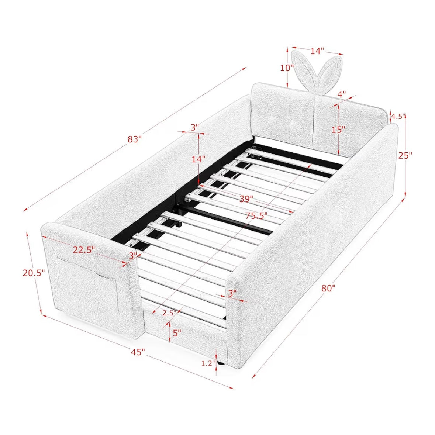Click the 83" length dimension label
click(x=135, y=139)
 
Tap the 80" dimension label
click(x=329, y=288)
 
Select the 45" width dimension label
click(x=138, y=352)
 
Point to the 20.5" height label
click(x=34, y=273)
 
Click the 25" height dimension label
click(x=405, y=155)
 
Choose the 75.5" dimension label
click(x=256, y=215)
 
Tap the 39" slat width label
click(x=246, y=198)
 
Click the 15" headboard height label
click(x=338, y=129)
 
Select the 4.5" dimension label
click(x=398, y=116)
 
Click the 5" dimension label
click(x=177, y=333)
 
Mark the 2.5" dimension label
click(x=169, y=313)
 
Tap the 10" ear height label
click(x=287, y=68)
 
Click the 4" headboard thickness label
click(x=341, y=94)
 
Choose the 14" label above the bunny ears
click(x=317, y=51)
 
